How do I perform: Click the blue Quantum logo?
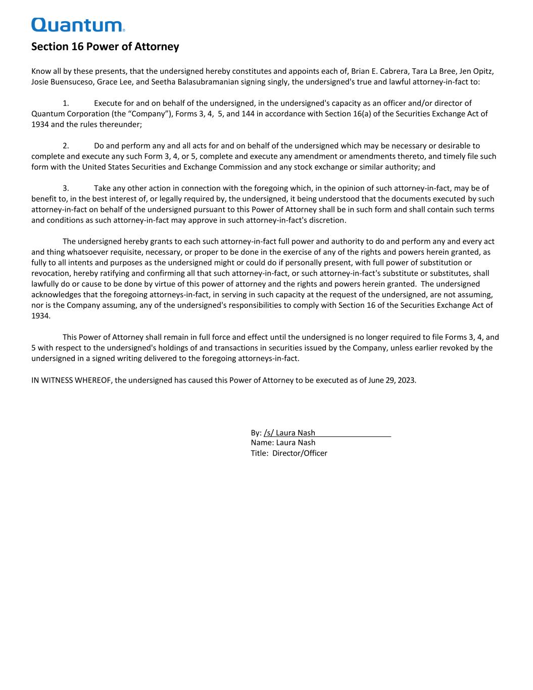click(78, 25)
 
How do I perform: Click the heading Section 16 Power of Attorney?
click(105, 47)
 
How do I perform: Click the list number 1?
click(65, 103)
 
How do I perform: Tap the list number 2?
click(65, 146)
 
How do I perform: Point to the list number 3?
click(65, 189)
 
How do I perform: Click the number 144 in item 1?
click(248, 114)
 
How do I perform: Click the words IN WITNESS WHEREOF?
click(71, 380)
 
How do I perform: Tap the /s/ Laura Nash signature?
click(289, 433)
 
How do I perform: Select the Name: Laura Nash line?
click(283, 443)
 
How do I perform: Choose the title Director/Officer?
click(300, 453)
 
